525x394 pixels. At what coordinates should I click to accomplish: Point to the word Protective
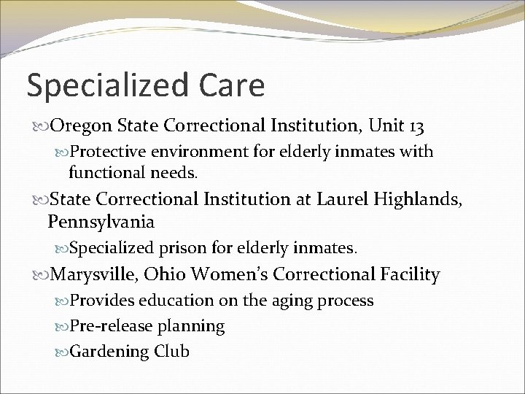coord(109,152)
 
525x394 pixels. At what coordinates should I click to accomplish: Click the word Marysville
coord(92,274)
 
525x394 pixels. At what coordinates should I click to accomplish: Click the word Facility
coord(410,274)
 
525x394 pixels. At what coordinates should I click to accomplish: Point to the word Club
coord(173,351)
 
